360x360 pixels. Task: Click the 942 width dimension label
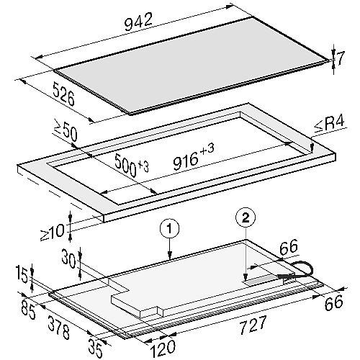(x=139, y=22)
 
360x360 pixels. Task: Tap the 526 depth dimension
(x=63, y=94)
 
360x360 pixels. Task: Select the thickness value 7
(x=340, y=58)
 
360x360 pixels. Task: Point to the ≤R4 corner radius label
(x=330, y=125)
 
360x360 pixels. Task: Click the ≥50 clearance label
(x=66, y=133)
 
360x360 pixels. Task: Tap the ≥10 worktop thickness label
(x=53, y=233)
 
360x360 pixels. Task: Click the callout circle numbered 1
(x=169, y=229)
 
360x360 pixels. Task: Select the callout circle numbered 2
(x=246, y=218)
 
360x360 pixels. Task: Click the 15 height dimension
(x=23, y=274)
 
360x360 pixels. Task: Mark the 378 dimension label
(x=58, y=327)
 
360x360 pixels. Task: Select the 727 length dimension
(x=253, y=325)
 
